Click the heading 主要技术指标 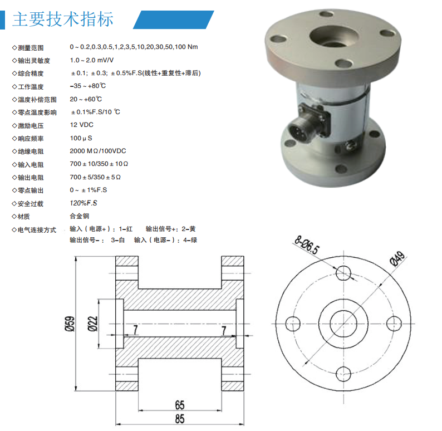[x=63, y=19]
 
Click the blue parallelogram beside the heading [x=173, y=19]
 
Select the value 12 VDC [x=81, y=125]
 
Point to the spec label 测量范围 [x=31, y=48]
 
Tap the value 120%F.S [x=84, y=203]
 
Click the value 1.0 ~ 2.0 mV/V [x=92, y=60]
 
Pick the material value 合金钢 [x=80, y=216]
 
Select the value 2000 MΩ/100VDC [x=98, y=151]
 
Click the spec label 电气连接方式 [x=37, y=230]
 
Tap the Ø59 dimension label [x=70, y=324]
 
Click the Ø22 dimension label [x=92, y=324]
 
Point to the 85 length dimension [x=180, y=419]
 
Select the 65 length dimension [x=180, y=405]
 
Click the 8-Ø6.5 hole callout [x=307, y=244]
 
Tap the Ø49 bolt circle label [x=397, y=258]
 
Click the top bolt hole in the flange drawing [x=343, y=273]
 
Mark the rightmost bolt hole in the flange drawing [x=394, y=324]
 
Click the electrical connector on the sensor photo [x=308, y=124]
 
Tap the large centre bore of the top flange [x=334, y=36]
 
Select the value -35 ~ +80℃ [x=88, y=86]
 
